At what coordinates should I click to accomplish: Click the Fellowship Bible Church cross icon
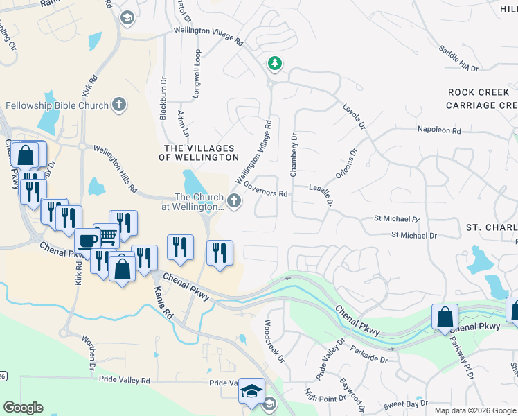119,105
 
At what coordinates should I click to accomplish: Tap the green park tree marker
276,64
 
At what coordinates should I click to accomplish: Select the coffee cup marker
87,241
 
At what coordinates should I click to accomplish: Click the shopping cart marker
106,236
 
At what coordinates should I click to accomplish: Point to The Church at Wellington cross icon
234,202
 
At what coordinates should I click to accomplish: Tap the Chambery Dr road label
294,155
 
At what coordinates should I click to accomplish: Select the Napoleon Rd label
438,130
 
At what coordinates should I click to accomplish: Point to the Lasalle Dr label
323,195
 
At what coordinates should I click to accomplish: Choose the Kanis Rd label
163,303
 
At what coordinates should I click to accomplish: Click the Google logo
23,407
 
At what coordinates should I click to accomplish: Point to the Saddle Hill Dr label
458,58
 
